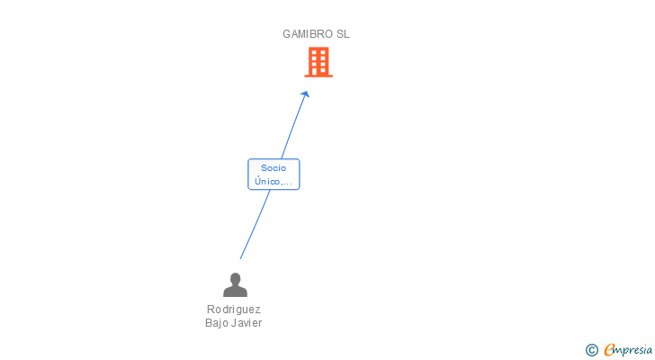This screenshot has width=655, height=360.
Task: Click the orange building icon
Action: (x=319, y=62)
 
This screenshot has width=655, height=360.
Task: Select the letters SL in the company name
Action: (x=343, y=34)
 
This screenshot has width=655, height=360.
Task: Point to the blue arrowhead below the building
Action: (x=306, y=94)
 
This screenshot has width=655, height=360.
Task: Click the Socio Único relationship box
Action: (x=274, y=174)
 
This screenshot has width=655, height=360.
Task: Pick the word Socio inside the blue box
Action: (x=274, y=167)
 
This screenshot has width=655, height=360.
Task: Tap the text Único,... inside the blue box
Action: (x=274, y=181)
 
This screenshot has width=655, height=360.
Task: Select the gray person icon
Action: (x=235, y=285)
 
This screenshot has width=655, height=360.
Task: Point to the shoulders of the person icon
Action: (x=235, y=292)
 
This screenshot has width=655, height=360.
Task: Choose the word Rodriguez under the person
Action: (x=234, y=309)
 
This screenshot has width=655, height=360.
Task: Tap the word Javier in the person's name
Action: (x=247, y=323)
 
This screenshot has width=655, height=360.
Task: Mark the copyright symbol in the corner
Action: (x=591, y=350)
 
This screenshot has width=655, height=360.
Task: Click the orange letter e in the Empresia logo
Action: (x=610, y=350)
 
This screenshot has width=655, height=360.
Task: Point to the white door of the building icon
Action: (x=319, y=71)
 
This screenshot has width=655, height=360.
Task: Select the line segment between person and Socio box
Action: (x=255, y=224)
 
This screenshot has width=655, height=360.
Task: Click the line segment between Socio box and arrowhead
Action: (x=292, y=130)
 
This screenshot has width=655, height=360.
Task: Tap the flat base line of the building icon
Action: (x=319, y=76)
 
